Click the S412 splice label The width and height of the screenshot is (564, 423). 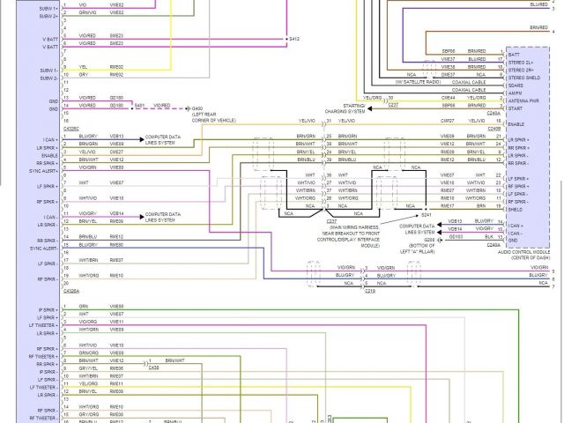pos(293,40)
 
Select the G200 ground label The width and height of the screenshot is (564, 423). pos(429,239)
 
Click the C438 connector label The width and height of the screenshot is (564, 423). pos(153,367)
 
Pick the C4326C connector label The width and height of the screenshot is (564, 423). pos(71,128)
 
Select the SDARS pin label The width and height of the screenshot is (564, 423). pos(515,85)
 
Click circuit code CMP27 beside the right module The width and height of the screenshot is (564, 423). pos(448,120)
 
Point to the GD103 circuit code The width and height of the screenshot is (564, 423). pos(455,236)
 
